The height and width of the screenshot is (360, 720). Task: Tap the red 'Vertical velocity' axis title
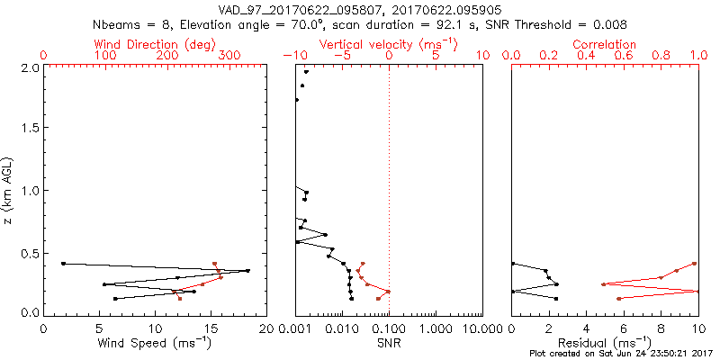pos(388,44)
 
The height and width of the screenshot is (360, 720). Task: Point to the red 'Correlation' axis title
pos(605,44)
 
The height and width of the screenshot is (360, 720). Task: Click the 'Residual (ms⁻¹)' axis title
pos(605,343)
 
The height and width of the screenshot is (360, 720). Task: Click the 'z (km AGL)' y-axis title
pos(9,190)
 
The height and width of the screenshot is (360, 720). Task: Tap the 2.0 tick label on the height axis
pos(30,67)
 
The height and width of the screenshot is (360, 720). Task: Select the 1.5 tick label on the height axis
pos(30,129)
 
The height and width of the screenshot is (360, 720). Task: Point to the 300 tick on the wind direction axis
pos(229,56)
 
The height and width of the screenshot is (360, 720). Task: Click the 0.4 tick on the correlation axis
pos(587,56)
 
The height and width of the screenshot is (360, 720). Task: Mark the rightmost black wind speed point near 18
pos(247,270)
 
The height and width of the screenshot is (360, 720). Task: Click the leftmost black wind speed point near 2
pos(63,263)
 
